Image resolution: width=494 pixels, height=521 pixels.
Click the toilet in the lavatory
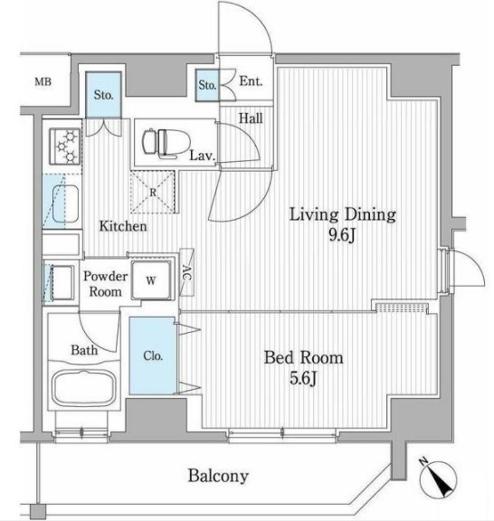[166, 142]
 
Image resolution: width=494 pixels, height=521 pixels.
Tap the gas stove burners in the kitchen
[65, 146]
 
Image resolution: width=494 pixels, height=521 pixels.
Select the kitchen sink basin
[66, 203]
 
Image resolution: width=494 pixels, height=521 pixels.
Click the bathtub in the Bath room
[84, 387]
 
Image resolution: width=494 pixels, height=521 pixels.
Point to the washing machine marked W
[151, 280]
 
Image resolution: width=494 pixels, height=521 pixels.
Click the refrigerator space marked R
[153, 192]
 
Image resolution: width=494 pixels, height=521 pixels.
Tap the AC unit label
[186, 272]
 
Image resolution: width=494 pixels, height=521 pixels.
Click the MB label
[43, 81]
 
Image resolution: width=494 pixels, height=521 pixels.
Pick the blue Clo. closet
[153, 355]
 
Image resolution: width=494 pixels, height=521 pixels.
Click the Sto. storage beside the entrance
[207, 85]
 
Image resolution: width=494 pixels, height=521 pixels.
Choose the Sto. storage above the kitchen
[103, 95]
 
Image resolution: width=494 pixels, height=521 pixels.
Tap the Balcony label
[218, 476]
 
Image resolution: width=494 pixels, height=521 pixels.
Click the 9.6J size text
[342, 235]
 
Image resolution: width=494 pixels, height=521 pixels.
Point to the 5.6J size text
[303, 378]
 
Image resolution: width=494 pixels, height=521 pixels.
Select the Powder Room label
[105, 284]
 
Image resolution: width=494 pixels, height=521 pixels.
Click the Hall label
[251, 118]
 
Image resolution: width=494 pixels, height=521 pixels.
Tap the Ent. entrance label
[251, 81]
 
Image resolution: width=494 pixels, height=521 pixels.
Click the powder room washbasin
[62, 282]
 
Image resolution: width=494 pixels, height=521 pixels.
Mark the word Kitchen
[123, 226]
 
